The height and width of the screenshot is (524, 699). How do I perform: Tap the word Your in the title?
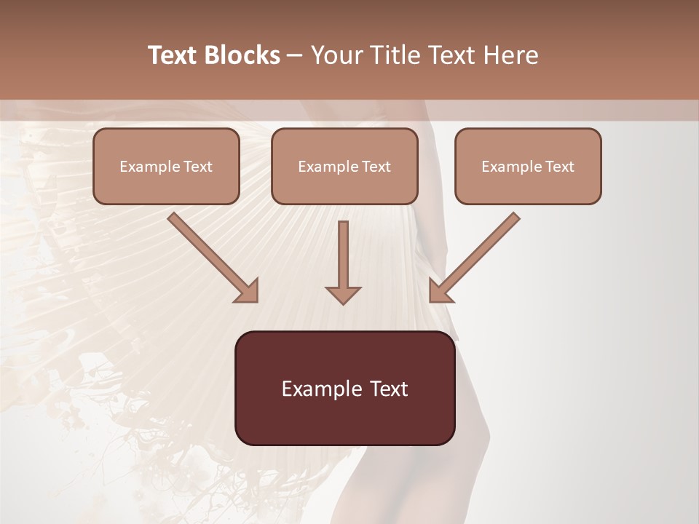[x=338, y=55]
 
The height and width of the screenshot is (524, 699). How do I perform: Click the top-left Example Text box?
[x=166, y=166]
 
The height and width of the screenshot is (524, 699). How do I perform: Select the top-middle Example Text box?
[x=344, y=166]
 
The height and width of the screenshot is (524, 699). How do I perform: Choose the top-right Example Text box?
[x=528, y=166]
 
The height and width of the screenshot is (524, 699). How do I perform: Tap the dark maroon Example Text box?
[x=344, y=388]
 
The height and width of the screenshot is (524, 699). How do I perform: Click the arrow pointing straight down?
[x=343, y=258]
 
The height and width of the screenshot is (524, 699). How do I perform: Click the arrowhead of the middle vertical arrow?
[x=343, y=294]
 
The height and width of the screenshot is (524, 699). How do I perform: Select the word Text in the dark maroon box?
[x=389, y=389]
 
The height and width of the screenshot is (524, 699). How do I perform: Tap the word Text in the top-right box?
[x=559, y=167]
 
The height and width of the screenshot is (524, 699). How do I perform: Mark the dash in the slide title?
[x=295, y=55]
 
